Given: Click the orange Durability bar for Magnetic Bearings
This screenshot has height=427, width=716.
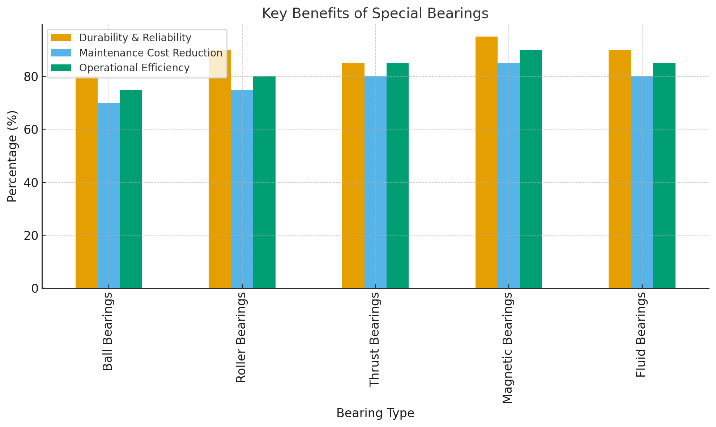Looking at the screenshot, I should pyautogui.click(x=486, y=163).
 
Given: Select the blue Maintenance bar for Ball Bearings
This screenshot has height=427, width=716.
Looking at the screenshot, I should pyautogui.click(x=109, y=195).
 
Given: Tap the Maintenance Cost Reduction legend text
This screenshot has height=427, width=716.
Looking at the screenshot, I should pyautogui.click(x=150, y=53).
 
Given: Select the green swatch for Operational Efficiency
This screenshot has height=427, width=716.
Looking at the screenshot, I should pyautogui.click(x=61, y=68).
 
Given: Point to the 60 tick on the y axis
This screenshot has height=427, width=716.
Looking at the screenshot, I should pyautogui.click(x=31, y=130).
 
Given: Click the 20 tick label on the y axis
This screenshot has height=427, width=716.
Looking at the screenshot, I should pyautogui.click(x=31, y=236).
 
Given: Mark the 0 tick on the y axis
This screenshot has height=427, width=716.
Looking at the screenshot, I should pyautogui.click(x=35, y=288).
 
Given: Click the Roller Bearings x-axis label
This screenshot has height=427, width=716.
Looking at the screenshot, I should pyautogui.click(x=241, y=337).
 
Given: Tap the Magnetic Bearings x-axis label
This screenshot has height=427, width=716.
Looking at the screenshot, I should pyautogui.click(x=508, y=348).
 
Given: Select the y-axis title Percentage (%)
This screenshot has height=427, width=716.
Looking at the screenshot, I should pyautogui.click(x=12, y=156).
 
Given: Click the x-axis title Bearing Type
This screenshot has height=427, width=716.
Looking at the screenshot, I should pyautogui.click(x=375, y=413).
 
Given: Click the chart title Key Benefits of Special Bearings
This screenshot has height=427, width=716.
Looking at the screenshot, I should pyautogui.click(x=375, y=13).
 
